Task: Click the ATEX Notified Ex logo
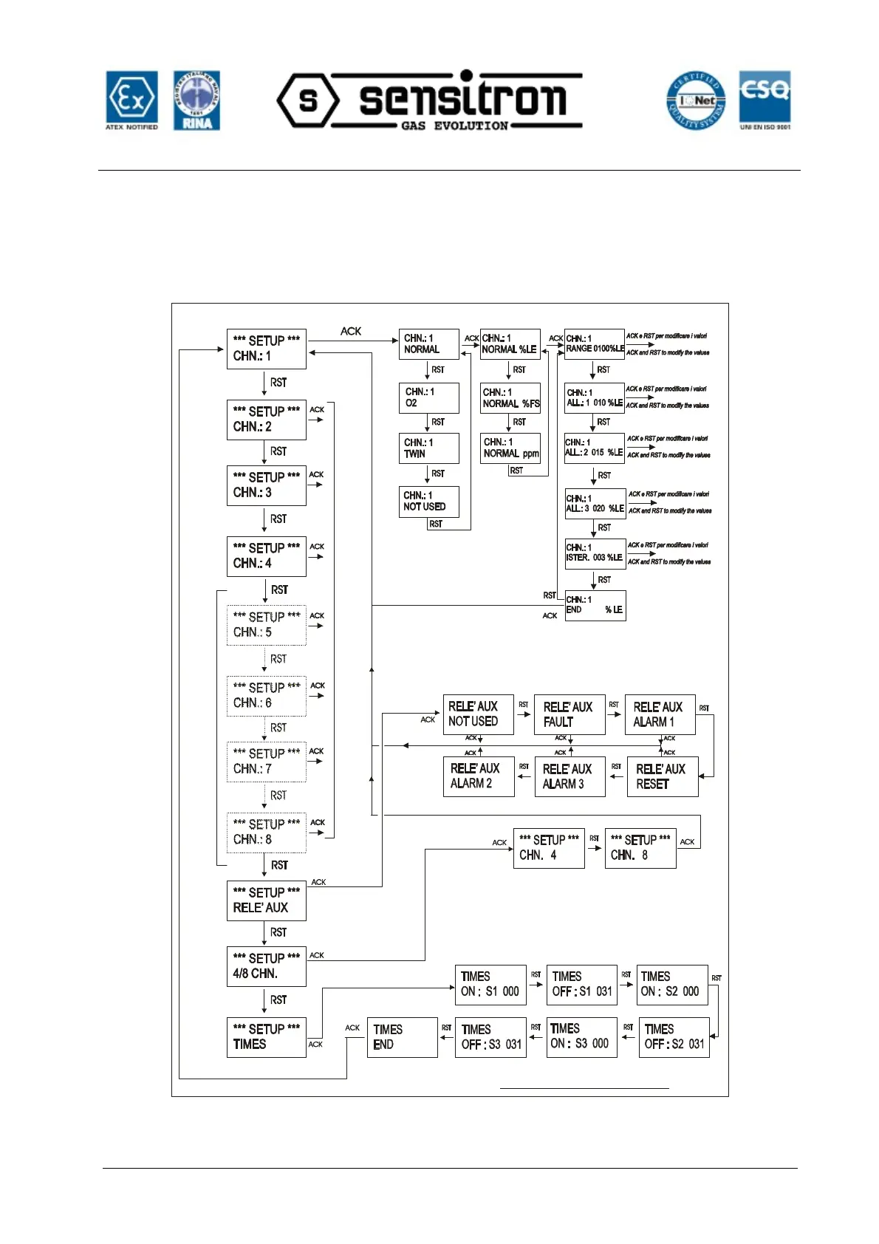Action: pyautogui.click(x=131, y=100)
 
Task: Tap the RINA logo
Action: pyautogui.click(x=196, y=100)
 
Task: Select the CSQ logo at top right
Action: pyautogui.click(x=765, y=100)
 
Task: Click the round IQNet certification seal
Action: pyautogui.click(x=696, y=101)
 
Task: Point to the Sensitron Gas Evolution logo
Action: pyautogui.click(x=430, y=100)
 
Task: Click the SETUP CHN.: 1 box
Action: pyautogui.click(x=266, y=349)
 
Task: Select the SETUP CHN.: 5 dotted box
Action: pyautogui.click(x=266, y=625)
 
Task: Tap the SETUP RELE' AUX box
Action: pyautogui.click(x=266, y=900)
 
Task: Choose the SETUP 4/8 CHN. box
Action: pyautogui.click(x=266, y=966)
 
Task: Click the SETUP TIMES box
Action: pyautogui.click(x=266, y=1037)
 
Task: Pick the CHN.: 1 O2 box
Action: pyautogui.click(x=428, y=397)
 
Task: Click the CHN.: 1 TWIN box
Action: pyautogui.click(x=428, y=448)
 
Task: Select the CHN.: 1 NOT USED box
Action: pyautogui.click(x=428, y=501)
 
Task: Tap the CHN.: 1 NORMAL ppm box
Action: pyautogui.click(x=510, y=448)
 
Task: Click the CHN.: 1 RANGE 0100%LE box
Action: pyautogui.click(x=595, y=344)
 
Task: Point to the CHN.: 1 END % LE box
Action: pyautogui.click(x=595, y=605)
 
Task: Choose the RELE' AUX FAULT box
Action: pyautogui.click(x=569, y=714)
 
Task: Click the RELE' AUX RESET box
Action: pyautogui.click(x=662, y=776)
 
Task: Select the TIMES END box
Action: pyautogui.click(x=402, y=1037)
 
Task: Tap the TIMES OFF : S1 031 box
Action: pyautogui.click(x=581, y=985)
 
